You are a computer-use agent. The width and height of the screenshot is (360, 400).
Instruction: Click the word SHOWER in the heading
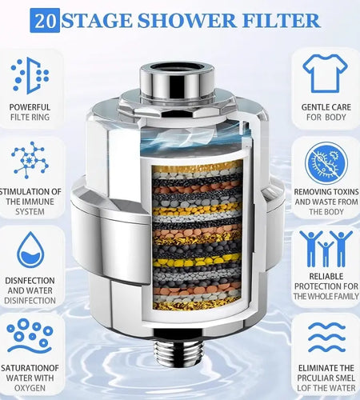pos(178,20)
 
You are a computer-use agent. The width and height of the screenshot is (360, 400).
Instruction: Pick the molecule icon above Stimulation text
pos(30,159)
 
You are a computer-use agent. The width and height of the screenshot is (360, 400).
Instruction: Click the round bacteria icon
pos(326,162)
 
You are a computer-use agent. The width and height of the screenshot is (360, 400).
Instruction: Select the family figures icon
pos(325,248)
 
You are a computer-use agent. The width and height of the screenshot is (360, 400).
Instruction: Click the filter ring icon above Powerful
pos(30,74)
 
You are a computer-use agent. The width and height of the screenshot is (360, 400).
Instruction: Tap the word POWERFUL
pos(31,106)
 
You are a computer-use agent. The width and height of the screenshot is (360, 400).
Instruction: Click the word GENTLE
pos(312,106)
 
